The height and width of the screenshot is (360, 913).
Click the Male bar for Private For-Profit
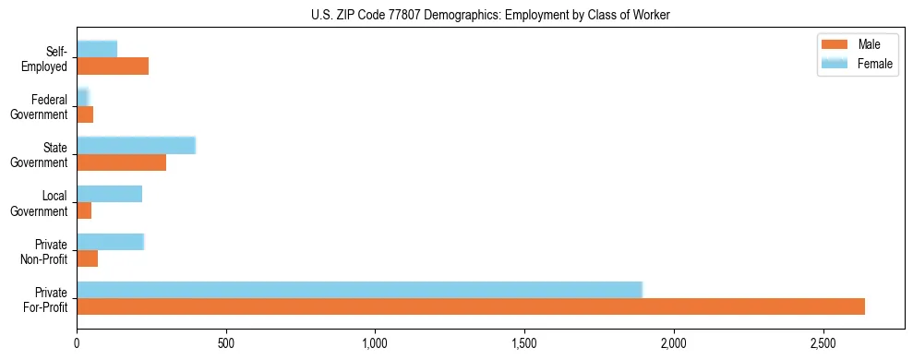471,306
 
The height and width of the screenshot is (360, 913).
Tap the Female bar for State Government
136,146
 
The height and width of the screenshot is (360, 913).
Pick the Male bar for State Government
121,162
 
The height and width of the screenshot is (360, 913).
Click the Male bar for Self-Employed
113,66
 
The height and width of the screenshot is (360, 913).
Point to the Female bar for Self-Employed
97,49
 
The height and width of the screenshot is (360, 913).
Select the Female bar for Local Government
109,194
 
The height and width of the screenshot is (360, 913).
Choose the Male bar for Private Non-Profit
87,258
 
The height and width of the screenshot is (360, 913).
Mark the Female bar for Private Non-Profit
110,242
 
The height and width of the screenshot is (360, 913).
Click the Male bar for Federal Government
85,114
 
